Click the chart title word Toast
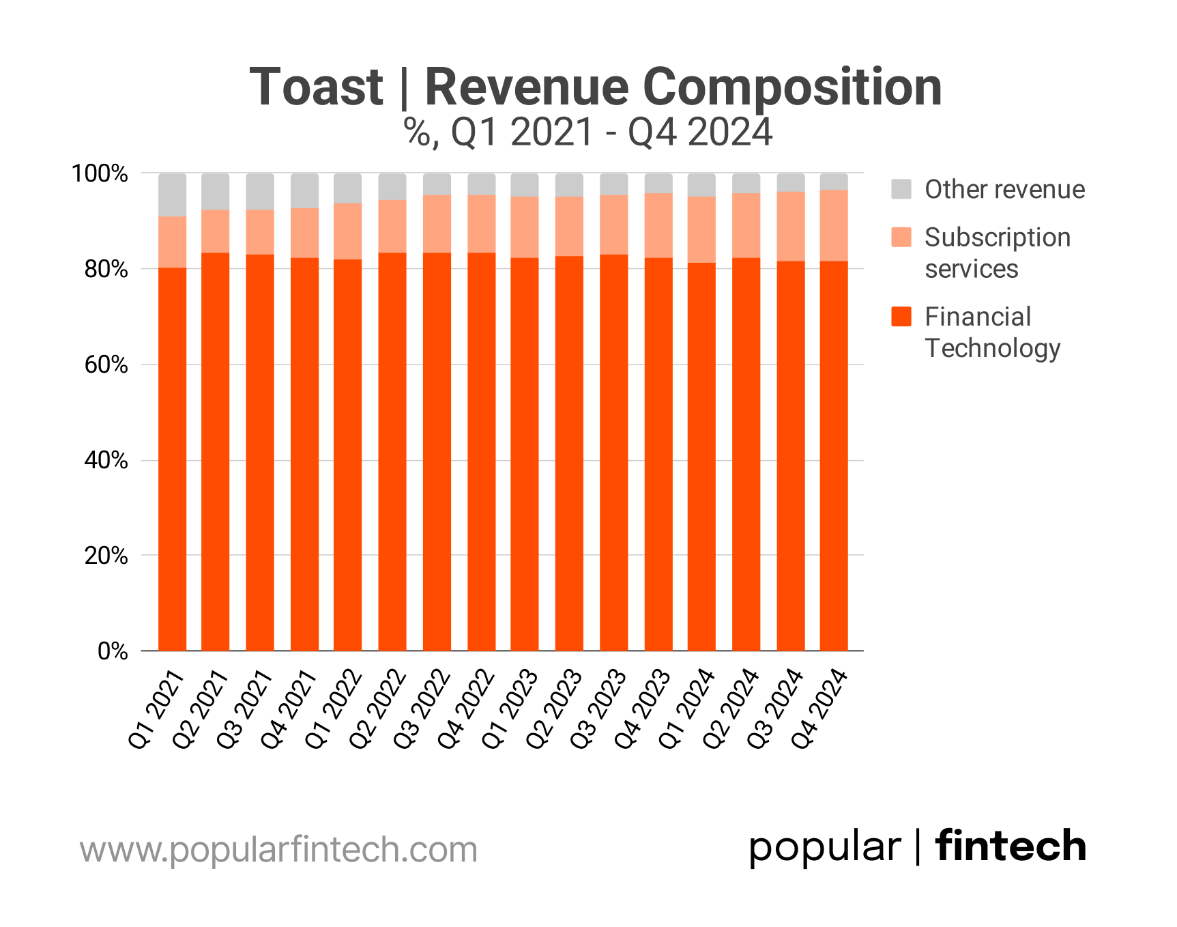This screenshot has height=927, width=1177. (317, 87)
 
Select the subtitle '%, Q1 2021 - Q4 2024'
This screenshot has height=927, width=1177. (588, 132)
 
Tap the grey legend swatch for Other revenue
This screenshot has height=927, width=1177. (901, 189)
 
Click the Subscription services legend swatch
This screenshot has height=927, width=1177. (901, 237)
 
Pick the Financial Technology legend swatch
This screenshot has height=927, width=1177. (901, 316)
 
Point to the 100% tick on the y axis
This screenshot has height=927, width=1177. (100, 173)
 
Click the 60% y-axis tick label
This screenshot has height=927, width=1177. (106, 365)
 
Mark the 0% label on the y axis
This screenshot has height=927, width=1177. (113, 651)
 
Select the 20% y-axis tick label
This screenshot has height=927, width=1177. (106, 556)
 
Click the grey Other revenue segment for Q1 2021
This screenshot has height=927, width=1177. (172, 195)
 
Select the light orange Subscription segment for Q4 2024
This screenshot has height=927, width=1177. (834, 225)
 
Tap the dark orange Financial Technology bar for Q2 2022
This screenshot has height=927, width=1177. (392, 451)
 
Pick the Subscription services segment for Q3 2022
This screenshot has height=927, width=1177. (437, 224)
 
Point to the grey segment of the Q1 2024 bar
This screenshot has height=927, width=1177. (701, 185)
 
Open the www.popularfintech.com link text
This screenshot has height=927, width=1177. (278, 850)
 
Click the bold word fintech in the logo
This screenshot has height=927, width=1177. (1011, 846)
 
